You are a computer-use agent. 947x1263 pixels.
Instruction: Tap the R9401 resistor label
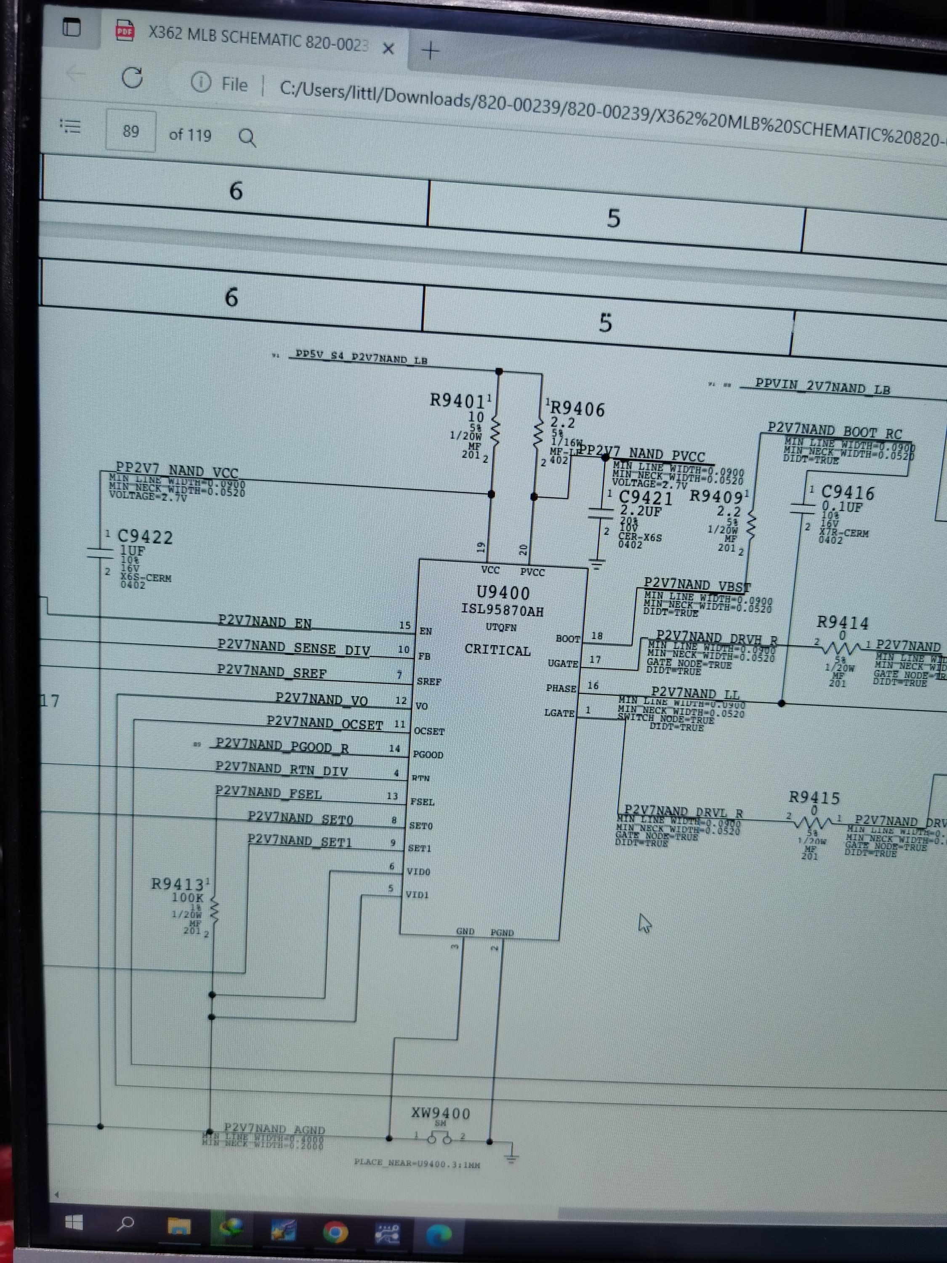(x=458, y=401)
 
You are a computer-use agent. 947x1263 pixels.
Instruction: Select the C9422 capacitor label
(x=145, y=537)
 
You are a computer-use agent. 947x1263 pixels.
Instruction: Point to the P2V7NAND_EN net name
(x=265, y=622)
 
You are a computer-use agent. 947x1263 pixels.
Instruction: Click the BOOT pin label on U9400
(x=567, y=638)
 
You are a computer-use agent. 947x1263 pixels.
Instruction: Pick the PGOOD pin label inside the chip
(x=428, y=754)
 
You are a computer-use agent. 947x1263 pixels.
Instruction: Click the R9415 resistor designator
(x=814, y=798)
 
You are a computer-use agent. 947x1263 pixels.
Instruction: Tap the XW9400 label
(x=441, y=1114)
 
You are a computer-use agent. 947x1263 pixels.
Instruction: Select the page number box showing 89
(x=131, y=131)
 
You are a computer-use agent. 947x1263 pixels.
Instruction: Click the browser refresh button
(x=133, y=77)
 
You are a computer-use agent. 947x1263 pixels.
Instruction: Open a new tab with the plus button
(x=431, y=51)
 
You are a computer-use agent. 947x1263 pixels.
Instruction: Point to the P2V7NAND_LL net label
(x=695, y=694)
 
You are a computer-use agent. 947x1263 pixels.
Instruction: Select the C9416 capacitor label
(x=847, y=493)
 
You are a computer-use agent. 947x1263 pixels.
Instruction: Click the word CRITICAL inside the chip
(x=497, y=650)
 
